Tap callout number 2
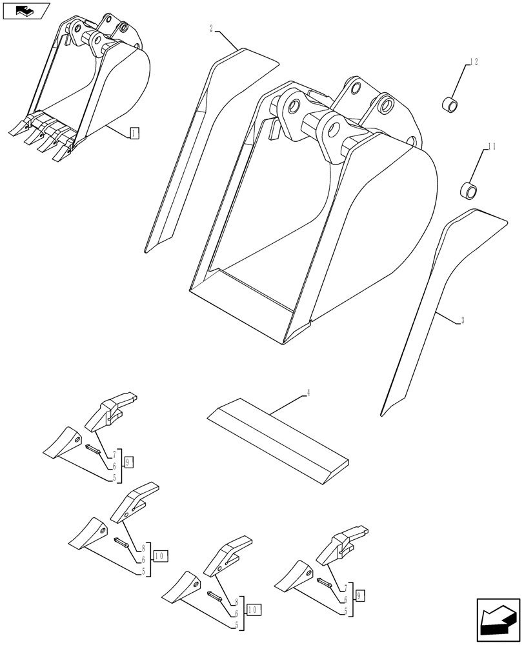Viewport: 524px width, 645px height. click(212, 28)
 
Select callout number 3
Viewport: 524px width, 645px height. click(463, 320)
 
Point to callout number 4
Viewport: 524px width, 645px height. click(308, 393)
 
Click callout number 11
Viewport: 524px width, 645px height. click(492, 147)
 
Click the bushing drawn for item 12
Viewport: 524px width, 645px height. click(450, 103)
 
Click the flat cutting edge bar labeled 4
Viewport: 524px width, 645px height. click(277, 439)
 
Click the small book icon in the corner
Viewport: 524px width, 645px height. click(26, 11)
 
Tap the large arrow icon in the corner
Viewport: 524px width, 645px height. click(498, 620)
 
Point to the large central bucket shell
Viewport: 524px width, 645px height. click(310, 213)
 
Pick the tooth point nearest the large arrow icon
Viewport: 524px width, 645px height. click(294, 576)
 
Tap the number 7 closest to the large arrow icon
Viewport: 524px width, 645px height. click(346, 588)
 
